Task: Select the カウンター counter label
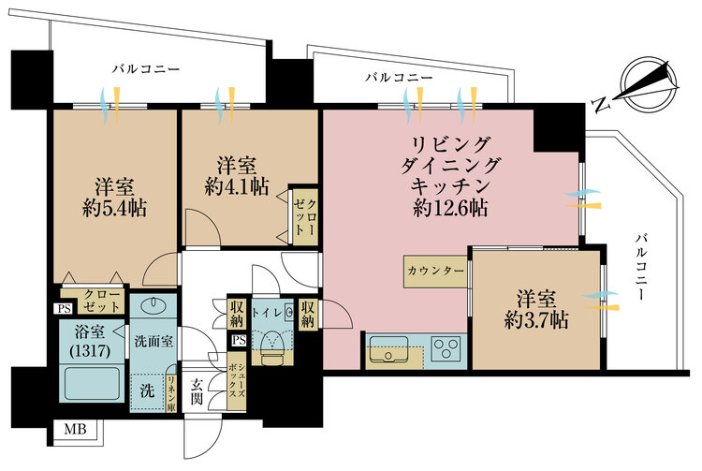(435, 271)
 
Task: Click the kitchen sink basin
(387, 354)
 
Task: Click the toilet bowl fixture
(273, 345)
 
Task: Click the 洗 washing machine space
(148, 389)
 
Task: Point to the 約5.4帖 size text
(113, 207)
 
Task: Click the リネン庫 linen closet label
(172, 392)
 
